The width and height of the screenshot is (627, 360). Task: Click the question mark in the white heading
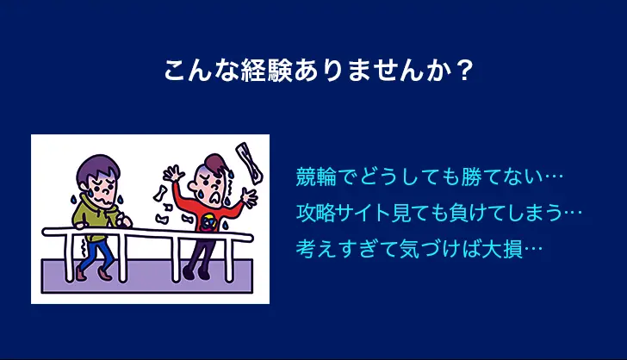(464, 71)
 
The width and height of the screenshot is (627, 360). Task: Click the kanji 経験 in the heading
(267, 71)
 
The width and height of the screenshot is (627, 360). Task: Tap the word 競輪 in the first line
(316, 177)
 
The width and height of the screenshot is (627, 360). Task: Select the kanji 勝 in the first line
(470, 177)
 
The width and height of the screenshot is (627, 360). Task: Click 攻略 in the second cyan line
(316, 213)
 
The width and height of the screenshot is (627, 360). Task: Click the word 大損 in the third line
(503, 249)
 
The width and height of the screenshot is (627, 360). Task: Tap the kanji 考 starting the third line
(306, 249)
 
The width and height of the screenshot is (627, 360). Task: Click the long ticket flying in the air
(249, 163)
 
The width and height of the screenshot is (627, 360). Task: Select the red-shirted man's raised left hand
(173, 174)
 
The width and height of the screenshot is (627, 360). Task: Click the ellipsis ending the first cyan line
(553, 177)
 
